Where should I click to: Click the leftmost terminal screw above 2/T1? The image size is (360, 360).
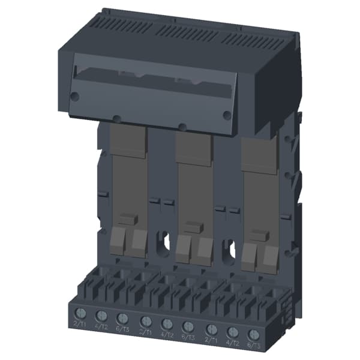79,313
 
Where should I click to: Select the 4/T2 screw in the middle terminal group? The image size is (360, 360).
167,323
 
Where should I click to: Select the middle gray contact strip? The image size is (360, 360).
193,186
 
